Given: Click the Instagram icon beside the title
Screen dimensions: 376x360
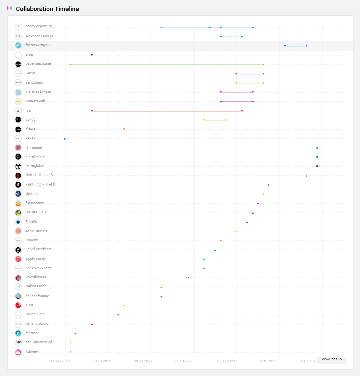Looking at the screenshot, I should pos(10,8).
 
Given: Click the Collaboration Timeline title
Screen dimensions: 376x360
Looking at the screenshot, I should pos(47,9).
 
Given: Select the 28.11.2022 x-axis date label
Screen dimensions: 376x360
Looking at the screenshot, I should pos(143,361).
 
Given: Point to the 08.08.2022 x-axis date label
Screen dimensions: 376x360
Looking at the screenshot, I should pos(61,361).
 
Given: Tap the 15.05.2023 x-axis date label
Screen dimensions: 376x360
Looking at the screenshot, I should pos(267,361).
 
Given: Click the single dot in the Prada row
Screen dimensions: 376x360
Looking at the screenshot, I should pos(124,129).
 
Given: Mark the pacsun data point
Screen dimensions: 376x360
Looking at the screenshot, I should pos(65,139).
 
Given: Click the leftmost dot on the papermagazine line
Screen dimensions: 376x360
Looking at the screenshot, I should pos(71,64).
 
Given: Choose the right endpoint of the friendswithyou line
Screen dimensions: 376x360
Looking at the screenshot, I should pos(306,46).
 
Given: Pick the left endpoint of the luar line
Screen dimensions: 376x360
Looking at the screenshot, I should pos(92,111).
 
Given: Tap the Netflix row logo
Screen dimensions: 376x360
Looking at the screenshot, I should pos(18,176).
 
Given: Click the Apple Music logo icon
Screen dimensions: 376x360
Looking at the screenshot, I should pos(18,259).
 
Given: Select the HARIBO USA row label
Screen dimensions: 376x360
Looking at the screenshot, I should pos(36,212).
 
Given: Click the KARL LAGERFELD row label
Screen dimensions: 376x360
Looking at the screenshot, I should pos(40,185).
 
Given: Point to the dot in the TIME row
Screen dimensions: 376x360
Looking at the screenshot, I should pos(124,305).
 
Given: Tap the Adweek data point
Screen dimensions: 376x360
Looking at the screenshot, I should pos(71,352).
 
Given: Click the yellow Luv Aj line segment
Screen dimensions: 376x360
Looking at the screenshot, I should pos(215,120).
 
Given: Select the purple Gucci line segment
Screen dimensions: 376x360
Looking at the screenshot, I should pos(250,74).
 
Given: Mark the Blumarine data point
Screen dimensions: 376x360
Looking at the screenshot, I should pos(317,148).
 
